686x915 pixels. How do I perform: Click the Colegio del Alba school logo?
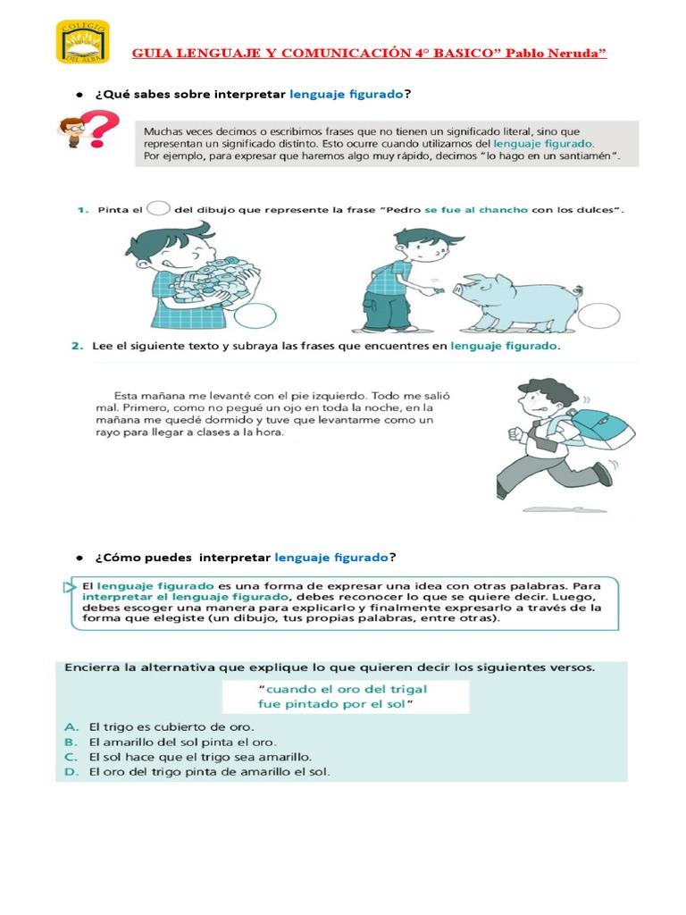click(x=82, y=41)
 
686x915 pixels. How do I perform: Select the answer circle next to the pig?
click(x=598, y=315)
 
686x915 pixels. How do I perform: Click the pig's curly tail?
click(x=580, y=290)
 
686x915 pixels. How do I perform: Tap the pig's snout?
click(x=456, y=289)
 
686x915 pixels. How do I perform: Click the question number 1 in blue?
click(x=79, y=210)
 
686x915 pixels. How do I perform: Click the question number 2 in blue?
click(x=78, y=345)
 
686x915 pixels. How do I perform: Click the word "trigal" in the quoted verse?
click(x=403, y=688)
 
